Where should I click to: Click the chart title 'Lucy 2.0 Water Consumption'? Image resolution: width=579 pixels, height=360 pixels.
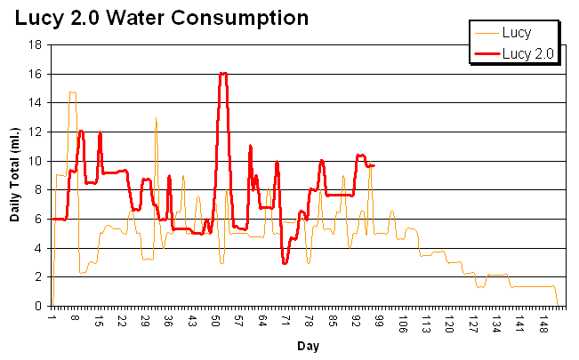161,17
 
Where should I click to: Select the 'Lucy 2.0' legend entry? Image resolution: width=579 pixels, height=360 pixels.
528,53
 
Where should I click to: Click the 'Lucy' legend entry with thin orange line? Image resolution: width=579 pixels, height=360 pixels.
517,34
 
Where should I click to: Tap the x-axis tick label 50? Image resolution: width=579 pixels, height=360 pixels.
215,320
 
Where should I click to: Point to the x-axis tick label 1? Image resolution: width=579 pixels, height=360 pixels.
53,317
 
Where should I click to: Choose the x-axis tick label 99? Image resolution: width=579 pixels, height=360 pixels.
379,320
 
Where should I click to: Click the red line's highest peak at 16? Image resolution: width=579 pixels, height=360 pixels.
223,74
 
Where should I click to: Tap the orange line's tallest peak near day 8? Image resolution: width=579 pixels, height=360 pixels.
72,92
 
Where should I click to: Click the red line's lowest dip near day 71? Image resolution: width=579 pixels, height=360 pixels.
285,263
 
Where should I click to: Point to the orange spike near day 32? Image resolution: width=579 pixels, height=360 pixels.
156,118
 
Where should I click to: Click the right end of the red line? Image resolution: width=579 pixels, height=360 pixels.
374,165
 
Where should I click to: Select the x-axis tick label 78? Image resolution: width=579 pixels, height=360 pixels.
309,320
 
